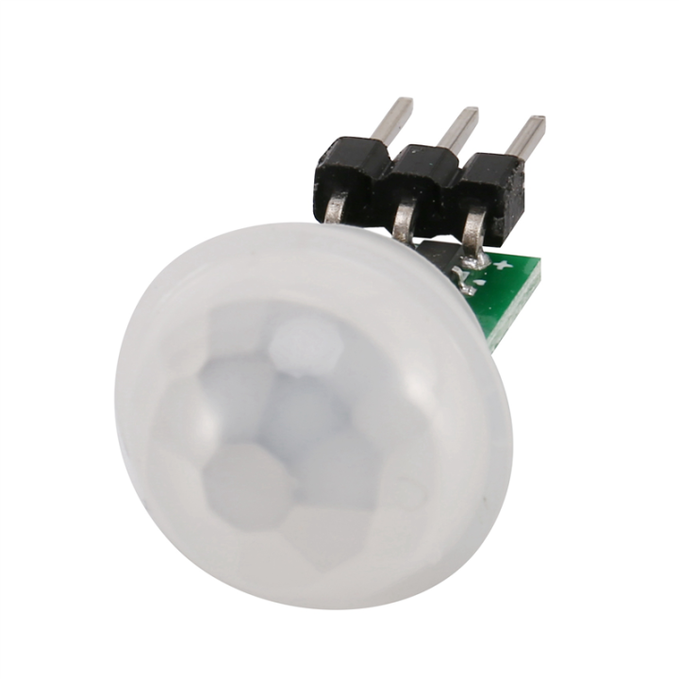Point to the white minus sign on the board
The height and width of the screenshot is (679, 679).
[x=482, y=281]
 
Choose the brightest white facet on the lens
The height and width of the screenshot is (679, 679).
[x=304, y=345]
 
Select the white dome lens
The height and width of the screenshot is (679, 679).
[x=311, y=415]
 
